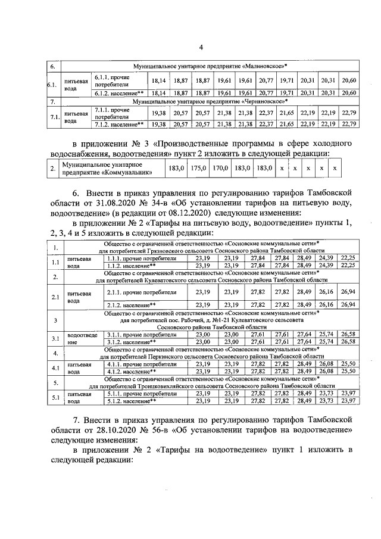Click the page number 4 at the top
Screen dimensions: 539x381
201,47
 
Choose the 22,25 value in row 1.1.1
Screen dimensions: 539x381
348,258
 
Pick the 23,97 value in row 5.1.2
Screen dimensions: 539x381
348,400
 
